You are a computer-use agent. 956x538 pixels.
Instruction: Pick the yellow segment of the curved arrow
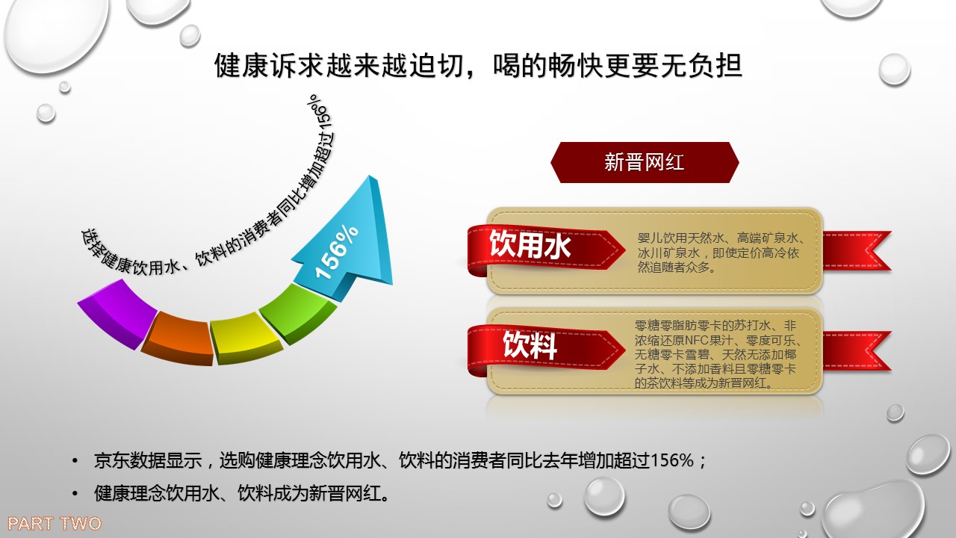coord(246,339)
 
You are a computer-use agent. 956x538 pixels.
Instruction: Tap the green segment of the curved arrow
coord(299,314)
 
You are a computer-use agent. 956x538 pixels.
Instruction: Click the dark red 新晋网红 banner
coord(645,163)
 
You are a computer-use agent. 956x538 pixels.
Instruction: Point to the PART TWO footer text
coord(55,524)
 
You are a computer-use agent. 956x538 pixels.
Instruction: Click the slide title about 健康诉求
coord(478,67)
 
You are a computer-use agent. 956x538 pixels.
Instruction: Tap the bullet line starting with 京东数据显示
coord(400,461)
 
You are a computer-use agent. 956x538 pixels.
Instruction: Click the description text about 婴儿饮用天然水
coord(721,253)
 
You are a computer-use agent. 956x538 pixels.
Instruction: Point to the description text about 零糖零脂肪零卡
coord(718,354)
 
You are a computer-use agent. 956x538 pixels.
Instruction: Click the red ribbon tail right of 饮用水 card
coord(857,251)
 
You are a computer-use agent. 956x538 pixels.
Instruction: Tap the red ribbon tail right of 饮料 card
coord(857,351)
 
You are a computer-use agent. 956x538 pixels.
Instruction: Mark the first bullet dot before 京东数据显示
coord(75,461)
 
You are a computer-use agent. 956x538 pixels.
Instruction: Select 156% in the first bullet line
coord(671,461)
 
